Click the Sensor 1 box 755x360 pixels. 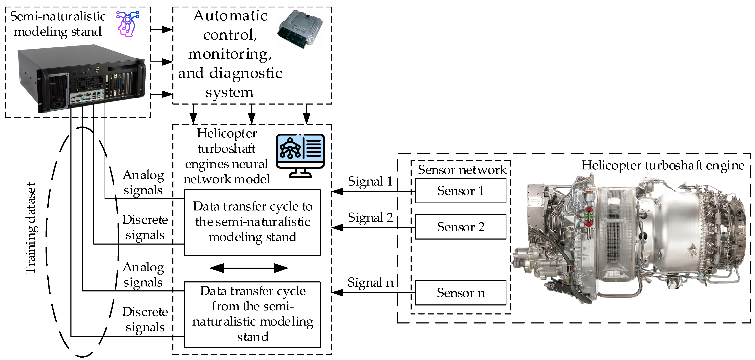[460, 191]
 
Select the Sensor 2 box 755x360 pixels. [460, 227]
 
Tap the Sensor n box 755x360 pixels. [460, 292]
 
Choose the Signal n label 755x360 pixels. [370, 283]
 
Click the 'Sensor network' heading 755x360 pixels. [462, 170]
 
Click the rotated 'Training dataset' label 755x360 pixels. [31, 228]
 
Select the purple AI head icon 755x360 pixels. [128, 24]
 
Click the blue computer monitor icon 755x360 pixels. [300, 156]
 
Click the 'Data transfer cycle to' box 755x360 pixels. [252, 223]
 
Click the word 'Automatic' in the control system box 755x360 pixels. [230, 16]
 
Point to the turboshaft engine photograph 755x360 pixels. [630, 240]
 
